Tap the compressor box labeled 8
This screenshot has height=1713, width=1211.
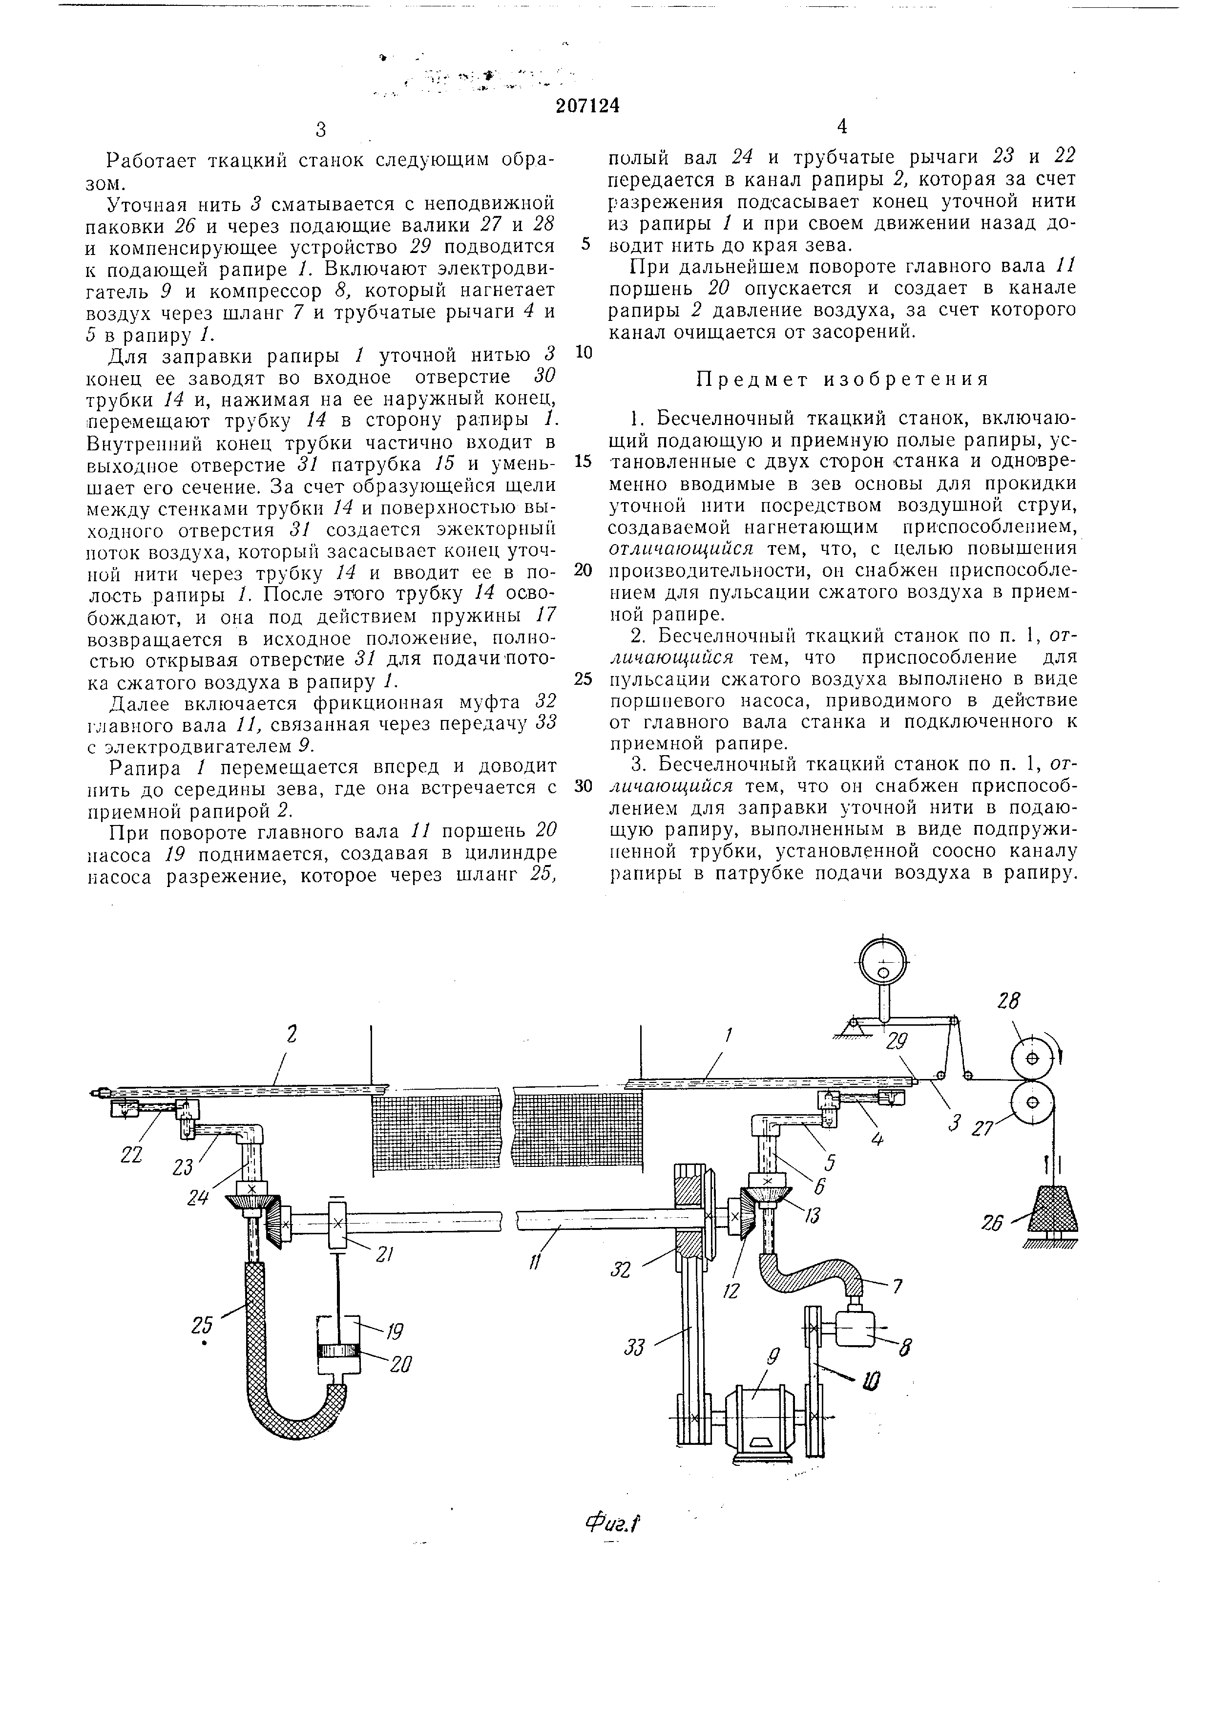click(x=856, y=1329)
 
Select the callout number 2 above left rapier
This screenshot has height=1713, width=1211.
click(x=291, y=1034)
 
